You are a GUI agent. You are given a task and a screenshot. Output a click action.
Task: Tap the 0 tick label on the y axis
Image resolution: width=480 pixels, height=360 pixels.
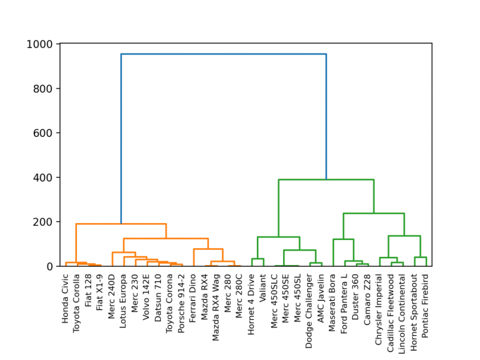(x=51, y=266)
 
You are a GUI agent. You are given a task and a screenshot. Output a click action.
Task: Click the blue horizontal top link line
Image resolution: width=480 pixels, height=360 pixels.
(x=223, y=54)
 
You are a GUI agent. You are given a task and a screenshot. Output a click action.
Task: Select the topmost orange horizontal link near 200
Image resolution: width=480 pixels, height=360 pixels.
(x=121, y=224)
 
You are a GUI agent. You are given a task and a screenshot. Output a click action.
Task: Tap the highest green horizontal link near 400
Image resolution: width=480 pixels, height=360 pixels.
(x=326, y=180)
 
